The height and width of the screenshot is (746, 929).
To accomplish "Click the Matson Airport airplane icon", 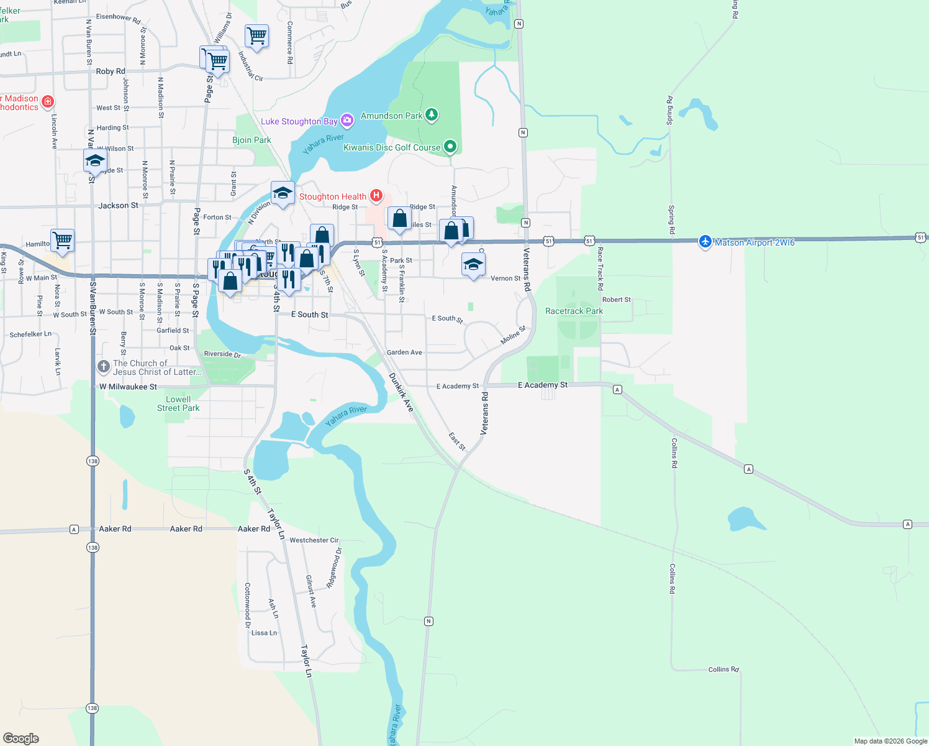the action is point(705,242).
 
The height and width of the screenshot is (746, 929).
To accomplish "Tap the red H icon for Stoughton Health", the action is point(376,196).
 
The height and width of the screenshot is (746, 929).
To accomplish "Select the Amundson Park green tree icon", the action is point(432,115).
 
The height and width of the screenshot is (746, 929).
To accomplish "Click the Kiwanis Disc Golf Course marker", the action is point(450,147).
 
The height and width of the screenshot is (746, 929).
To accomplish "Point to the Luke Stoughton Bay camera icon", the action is point(347,121).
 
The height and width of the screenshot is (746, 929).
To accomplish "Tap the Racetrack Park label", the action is point(574,311).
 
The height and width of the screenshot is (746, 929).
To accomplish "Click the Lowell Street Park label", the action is point(178,403).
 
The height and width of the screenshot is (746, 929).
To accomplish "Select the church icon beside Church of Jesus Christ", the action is point(104,367).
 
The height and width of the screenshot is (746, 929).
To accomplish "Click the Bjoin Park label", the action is point(252,140).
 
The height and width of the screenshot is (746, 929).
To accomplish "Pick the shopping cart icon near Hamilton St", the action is point(62,239).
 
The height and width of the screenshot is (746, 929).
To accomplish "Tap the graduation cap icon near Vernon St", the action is point(473,265).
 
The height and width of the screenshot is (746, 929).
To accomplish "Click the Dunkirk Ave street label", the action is point(401,392).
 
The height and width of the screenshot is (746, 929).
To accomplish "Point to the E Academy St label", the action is point(543,385).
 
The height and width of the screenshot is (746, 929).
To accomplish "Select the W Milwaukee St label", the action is point(129,387).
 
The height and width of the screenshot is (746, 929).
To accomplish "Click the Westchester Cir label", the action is point(314,540).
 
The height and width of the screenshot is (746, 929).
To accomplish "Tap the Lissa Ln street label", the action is point(264,633).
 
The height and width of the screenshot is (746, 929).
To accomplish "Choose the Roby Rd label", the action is point(111,71).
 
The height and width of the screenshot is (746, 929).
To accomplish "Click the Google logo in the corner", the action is point(21,739).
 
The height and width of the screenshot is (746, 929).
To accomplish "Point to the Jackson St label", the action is point(118,205).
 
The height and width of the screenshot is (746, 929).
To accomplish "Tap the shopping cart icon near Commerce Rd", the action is point(256,36).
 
